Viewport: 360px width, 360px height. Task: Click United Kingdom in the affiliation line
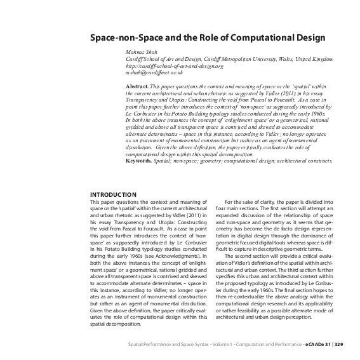click(308, 58)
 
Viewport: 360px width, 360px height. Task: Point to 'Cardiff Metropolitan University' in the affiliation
click(220, 58)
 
